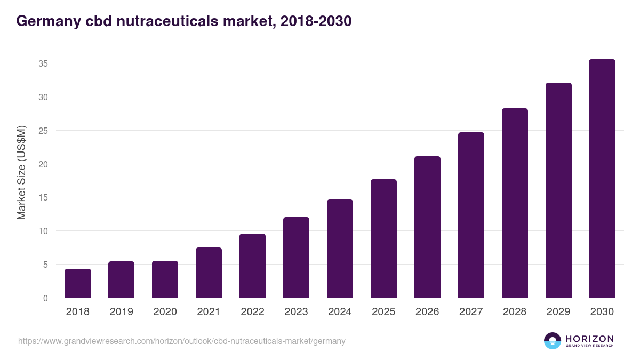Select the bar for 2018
(x=78, y=283)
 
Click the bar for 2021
(x=209, y=273)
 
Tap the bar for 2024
(x=340, y=249)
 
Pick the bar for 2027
(x=471, y=215)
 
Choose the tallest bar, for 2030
(x=602, y=179)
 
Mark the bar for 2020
(x=165, y=279)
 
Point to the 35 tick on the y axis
(x=43, y=63)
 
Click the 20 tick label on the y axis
(x=43, y=164)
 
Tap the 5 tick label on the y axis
(x=45, y=265)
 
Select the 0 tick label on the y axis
(x=45, y=298)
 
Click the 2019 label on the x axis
(x=122, y=312)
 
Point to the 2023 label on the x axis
(x=296, y=312)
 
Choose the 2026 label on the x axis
(x=427, y=312)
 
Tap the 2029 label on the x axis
(x=558, y=312)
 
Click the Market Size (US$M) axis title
(x=21, y=172)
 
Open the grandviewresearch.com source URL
(x=182, y=341)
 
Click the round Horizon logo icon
(x=553, y=341)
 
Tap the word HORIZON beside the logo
(x=589, y=339)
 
